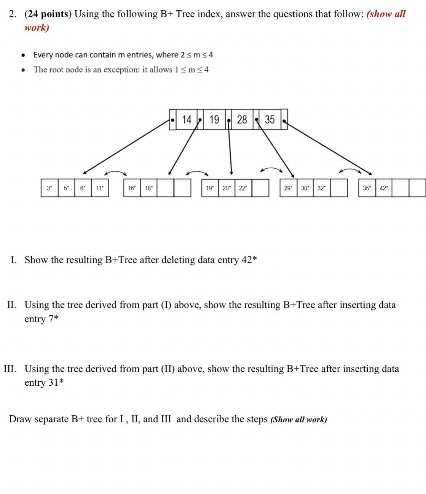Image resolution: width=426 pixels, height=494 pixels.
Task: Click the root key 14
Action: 187,120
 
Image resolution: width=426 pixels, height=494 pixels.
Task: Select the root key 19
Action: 214,120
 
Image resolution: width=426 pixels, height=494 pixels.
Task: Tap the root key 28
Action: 242,120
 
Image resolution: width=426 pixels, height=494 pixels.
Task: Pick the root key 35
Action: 270,120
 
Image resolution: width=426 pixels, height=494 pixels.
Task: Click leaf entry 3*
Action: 49,188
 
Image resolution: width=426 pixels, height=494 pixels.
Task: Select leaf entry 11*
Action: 100,188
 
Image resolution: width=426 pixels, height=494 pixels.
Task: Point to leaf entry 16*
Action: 132,188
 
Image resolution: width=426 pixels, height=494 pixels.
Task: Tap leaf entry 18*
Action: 149,188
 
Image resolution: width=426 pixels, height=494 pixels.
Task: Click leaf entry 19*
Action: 210,188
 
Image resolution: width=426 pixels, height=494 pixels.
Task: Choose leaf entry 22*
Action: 243,188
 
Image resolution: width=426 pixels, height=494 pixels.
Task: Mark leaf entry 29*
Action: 288,188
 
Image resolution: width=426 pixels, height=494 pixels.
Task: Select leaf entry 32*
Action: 322,188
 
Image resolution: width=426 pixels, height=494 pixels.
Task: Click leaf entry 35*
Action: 367,188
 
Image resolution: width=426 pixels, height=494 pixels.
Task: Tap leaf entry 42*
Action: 384,188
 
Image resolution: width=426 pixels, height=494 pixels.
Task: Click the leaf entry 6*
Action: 83,188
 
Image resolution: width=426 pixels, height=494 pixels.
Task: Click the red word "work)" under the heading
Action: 37,28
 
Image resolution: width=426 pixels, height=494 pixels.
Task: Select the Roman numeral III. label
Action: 10,369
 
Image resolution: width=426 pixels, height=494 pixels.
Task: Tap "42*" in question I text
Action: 249,260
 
